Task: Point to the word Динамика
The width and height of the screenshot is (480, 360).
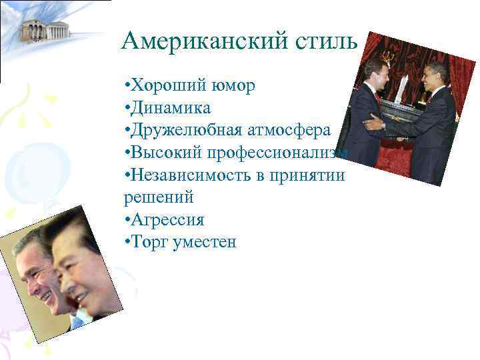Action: tap(171, 108)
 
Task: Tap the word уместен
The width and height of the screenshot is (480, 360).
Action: tap(204, 241)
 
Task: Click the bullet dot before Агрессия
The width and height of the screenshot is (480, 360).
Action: tap(127, 219)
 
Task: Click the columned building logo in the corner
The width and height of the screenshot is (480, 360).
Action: tap(45, 29)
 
